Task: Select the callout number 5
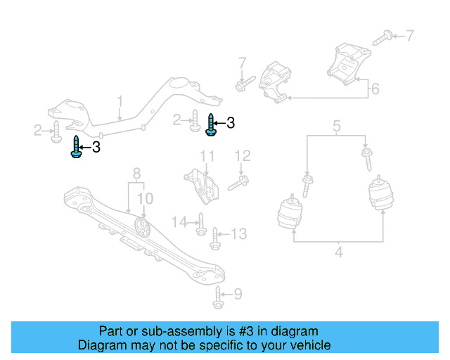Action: [337, 127]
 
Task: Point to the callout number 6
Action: [375, 89]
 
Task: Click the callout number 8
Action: [137, 172]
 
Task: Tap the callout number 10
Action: [144, 199]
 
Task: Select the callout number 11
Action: [207, 156]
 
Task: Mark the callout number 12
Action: [242, 156]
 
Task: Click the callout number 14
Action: [181, 222]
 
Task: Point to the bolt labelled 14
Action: [200, 224]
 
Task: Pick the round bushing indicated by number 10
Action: [143, 229]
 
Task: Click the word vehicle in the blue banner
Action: [307, 345]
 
